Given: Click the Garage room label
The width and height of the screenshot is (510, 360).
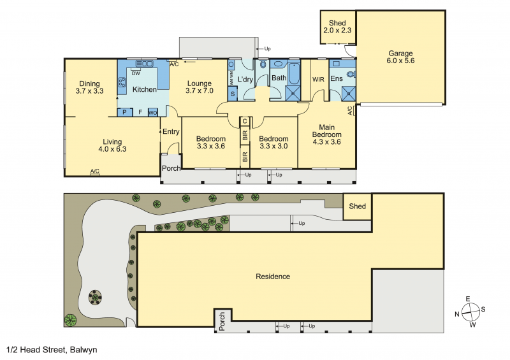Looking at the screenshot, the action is point(400,54).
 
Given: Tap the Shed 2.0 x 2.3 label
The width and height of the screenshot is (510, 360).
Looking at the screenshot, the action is point(337,27).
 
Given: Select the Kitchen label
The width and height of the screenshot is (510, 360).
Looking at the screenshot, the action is point(145,89).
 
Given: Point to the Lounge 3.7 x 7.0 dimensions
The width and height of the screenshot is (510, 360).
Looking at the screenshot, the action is point(200,90).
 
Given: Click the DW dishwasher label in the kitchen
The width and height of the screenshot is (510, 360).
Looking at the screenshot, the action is point(136,73).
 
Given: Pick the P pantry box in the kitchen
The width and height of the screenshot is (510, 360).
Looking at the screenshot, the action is point(124,112).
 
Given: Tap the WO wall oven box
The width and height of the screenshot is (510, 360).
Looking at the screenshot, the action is point(153,113).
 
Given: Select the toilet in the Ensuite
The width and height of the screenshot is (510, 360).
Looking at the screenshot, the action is point(351,75).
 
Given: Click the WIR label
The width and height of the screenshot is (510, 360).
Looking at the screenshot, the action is point(318,80).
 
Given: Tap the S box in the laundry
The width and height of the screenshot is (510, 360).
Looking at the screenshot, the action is point(233,94).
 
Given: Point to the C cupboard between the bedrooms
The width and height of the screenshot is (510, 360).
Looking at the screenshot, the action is point(245,121).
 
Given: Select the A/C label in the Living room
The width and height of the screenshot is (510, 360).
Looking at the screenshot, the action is point(95,171).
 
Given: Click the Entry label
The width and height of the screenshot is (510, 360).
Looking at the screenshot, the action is point(171,132).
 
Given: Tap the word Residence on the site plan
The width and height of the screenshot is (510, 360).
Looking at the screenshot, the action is point(273,277).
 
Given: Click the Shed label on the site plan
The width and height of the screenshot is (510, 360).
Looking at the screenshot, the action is point(358,206).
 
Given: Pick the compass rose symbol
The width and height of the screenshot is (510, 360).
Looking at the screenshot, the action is point(470,312).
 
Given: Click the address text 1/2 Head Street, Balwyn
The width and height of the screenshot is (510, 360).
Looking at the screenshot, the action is point(52,350).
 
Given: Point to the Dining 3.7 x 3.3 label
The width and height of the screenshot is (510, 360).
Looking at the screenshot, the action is point(89,87).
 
